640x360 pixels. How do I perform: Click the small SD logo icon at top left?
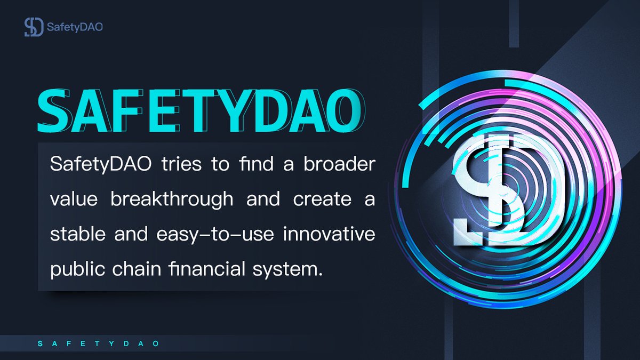[x=33, y=27]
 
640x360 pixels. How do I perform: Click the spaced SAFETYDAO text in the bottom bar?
[x=99, y=344]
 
